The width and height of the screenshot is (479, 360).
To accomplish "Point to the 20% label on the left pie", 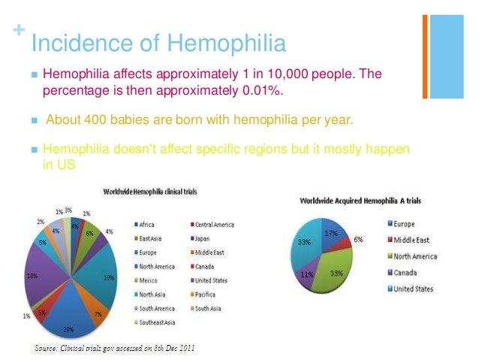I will pos(69,329).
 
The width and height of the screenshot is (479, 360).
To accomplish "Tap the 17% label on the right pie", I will pos(330,234).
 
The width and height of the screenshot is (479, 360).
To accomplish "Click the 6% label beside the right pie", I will pos(358,239).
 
